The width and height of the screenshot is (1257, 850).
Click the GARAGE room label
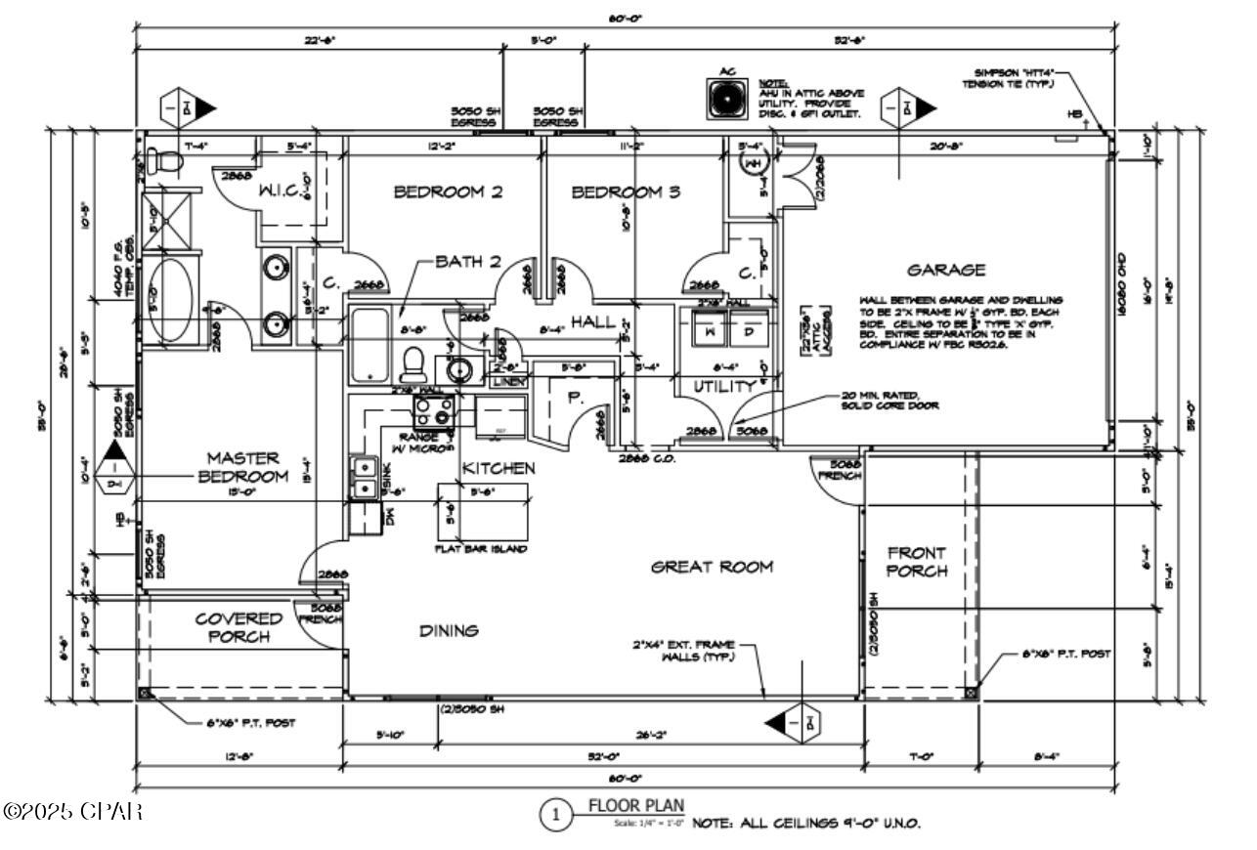(945, 270)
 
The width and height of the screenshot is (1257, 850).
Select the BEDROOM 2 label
(448, 192)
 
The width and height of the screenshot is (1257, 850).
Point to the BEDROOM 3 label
(626, 192)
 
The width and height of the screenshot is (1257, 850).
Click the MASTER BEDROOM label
(243, 467)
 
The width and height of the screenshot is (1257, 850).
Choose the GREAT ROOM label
(712, 567)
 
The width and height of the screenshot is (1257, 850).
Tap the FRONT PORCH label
(916, 562)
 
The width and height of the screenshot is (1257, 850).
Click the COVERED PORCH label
(238, 627)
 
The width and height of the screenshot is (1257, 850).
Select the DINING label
(449, 631)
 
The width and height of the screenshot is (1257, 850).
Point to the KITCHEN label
(498, 469)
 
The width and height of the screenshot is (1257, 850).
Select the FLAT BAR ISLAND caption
(481, 550)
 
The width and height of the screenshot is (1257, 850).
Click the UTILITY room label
(725, 387)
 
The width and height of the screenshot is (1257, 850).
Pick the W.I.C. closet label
(284, 192)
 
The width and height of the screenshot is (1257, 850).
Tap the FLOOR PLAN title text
(635, 806)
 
